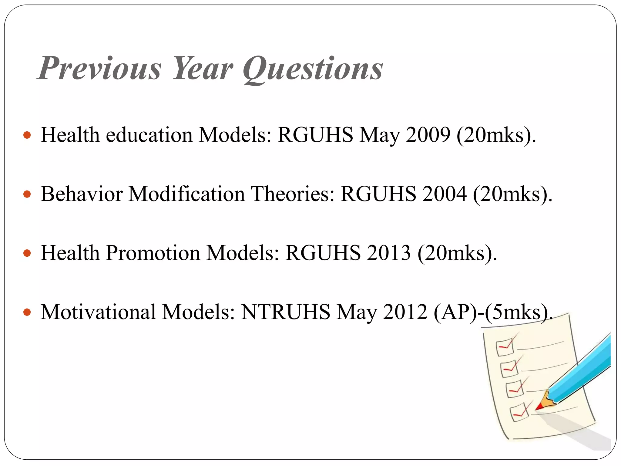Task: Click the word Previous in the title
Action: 100,68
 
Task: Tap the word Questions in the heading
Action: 313,69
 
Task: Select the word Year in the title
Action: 203,68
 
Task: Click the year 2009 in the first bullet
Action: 428,134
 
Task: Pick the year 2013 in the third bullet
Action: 388,253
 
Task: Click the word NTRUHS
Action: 285,312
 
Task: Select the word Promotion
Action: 153,253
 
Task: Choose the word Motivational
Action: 98,312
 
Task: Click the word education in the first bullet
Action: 149,134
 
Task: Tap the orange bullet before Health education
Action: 27,135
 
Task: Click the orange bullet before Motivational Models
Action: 27,312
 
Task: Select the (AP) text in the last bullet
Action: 454,312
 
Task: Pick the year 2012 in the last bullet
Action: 405,312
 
